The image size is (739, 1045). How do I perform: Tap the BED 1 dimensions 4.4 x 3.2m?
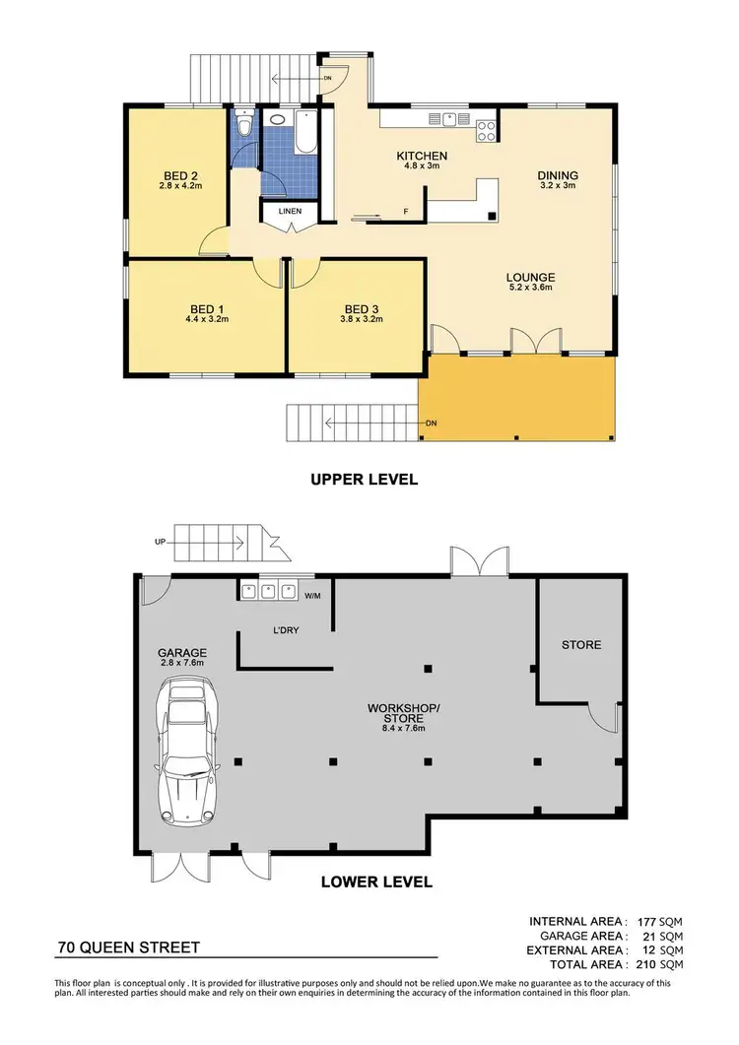point(206,319)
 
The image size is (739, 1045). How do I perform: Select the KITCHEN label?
point(422,156)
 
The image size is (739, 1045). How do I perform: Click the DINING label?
point(558,175)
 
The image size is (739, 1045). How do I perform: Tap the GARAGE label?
point(181,652)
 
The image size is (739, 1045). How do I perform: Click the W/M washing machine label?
point(312,594)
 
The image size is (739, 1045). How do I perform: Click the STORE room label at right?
point(580,645)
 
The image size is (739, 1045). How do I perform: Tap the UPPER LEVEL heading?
point(364,480)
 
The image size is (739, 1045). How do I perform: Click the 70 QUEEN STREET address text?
point(129,947)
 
